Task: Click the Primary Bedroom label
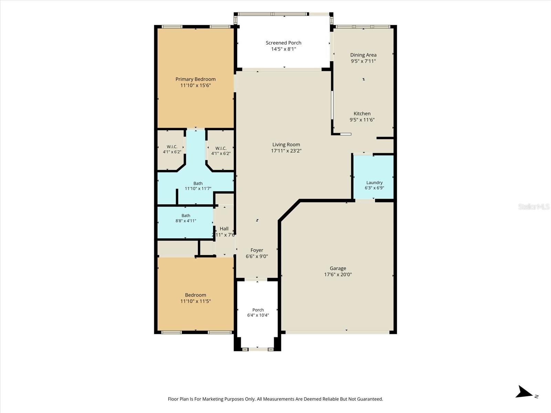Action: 195,79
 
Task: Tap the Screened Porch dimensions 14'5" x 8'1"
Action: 283,49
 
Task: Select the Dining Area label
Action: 363,55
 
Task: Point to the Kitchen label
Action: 362,114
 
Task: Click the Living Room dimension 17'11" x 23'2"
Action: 286,151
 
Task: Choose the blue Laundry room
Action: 373,177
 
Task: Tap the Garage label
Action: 338,268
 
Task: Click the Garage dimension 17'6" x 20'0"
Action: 338,275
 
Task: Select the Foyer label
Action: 257,250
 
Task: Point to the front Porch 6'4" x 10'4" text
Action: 258,313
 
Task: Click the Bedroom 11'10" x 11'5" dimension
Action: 196,301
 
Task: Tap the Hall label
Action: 224,229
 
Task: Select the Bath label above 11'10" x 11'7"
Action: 198,183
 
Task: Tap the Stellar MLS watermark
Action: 534,206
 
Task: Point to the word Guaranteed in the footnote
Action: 369,399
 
